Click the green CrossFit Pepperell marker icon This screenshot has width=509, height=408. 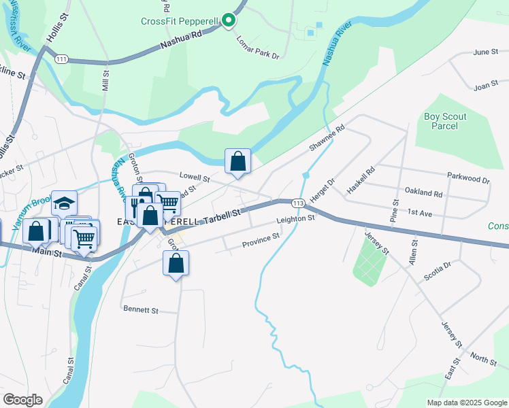pos(229,21)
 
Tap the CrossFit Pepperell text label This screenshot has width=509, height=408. pos(180,21)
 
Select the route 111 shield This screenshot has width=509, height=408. pos(62,59)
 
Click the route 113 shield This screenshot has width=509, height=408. pos(297,203)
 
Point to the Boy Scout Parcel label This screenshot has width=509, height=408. pos(445,121)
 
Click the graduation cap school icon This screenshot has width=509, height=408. pos(64,203)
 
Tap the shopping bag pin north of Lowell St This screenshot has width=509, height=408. pos(237,162)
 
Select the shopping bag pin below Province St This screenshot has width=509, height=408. pos(176,263)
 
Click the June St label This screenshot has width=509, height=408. pos(486,52)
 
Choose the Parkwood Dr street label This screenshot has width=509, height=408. pos(468,178)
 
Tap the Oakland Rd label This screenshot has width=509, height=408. pos(423,193)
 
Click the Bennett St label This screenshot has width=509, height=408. pos(141,309)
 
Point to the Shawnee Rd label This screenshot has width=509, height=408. pos(327,137)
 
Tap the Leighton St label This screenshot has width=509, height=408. pos(296,220)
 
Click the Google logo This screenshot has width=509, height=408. pos(23,400)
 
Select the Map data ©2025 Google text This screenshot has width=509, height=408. pos(466,402)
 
